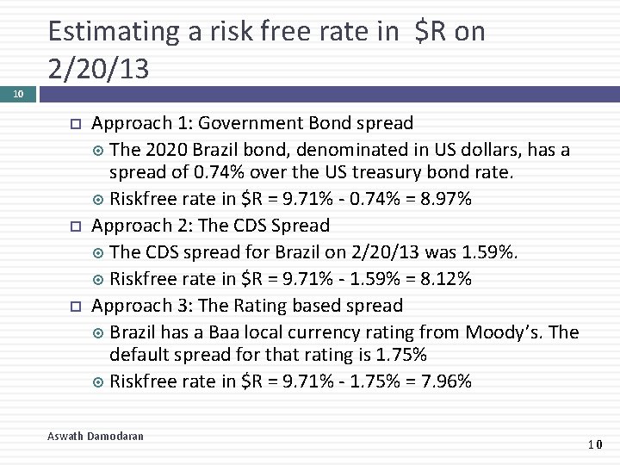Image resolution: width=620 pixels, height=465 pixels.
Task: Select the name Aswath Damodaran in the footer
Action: [x=96, y=437]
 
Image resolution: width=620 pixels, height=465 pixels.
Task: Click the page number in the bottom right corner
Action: [x=595, y=444]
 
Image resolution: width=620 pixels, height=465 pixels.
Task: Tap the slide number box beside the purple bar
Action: [x=18, y=94]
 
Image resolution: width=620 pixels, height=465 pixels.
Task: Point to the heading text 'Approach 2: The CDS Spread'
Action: [x=210, y=226]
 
